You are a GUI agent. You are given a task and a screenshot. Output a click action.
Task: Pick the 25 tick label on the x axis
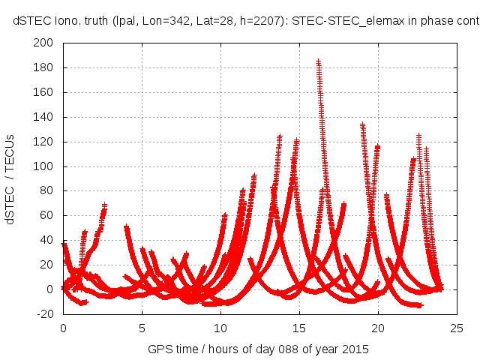point(457,328)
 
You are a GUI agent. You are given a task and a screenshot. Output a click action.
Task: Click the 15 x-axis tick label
point(299,328)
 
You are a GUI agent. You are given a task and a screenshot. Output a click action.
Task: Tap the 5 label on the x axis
point(142,328)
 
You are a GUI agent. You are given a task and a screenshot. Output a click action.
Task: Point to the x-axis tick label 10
point(220,328)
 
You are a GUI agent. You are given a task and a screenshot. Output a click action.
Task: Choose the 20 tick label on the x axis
point(378,328)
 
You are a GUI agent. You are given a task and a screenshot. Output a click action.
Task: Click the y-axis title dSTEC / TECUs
point(11,178)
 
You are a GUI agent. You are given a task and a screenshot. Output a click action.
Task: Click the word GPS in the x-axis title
point(159,349)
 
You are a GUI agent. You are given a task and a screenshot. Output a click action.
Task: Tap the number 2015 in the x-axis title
point(355,349)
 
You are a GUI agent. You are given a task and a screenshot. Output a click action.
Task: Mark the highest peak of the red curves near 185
point(318,61)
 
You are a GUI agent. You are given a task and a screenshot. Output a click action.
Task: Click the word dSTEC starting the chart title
point(31,22)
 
